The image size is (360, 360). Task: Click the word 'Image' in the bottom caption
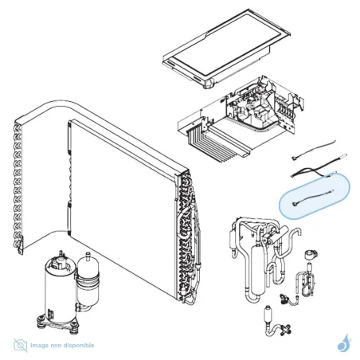pyautogui.click(x=40, y=345)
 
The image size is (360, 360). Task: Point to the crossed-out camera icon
pyautogui.click(x=19, y=345)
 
